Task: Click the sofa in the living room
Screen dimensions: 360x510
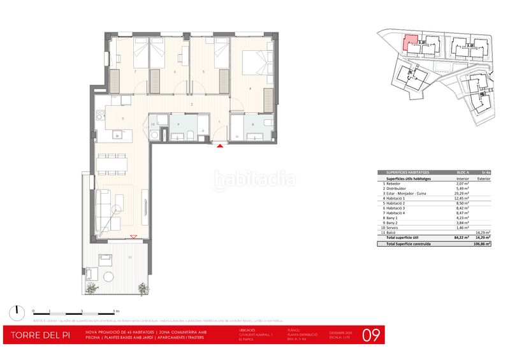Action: pyautogui.click(x=103, y=205)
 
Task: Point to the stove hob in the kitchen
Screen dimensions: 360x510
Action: pyautogui.click(x=99, y=115)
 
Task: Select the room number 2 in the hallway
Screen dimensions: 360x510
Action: pyautogui.click(x=191, y=104)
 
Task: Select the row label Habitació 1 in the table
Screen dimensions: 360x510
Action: pyautogui.click(x=397, y=198)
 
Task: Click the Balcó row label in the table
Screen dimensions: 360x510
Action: pyautogui.click(x=390, y=233)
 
